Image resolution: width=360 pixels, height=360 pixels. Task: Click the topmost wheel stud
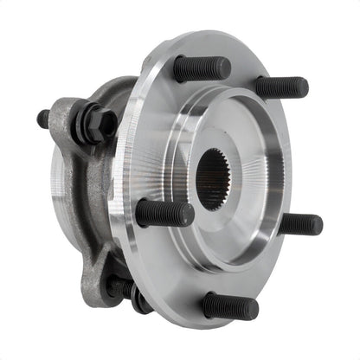(x=202, y=68)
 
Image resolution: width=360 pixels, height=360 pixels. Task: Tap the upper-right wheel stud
(x=281, y=87)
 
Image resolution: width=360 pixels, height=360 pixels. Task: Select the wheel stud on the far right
(x=299, y=224)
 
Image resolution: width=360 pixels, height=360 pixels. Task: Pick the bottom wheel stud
(x=230, y=305)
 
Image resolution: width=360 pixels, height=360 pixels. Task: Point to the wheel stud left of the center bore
(x=164, y=213)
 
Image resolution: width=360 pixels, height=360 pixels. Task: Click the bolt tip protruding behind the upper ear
(x=43, y=119)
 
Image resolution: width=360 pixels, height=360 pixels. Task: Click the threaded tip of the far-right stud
(x=316, y=225)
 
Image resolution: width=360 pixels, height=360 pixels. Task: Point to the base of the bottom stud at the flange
(x=208, y=302)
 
